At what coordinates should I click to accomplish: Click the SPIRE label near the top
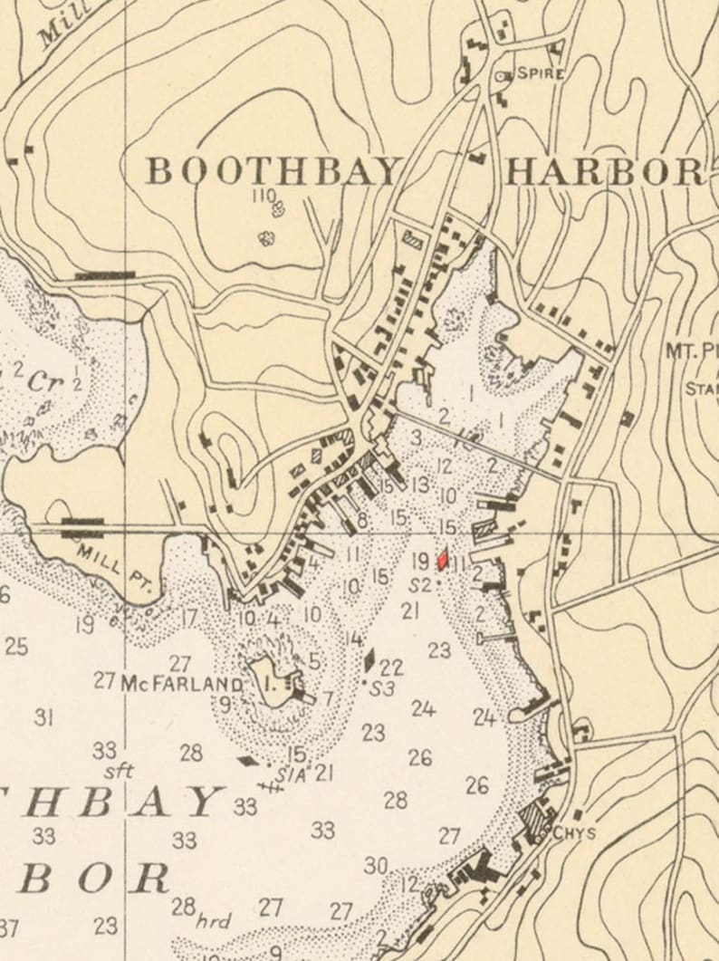click(x=541, y=74)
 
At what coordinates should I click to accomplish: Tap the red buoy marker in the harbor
click(x=443, y=560)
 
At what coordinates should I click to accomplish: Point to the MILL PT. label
click(x=107, y=566)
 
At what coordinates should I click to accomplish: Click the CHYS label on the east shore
click(x=574, y=832)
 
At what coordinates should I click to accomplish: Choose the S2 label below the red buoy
click(x=419, y=584)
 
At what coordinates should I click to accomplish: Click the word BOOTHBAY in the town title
click(x=274, y=170)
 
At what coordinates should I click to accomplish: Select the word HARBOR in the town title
click(x=604, y=171)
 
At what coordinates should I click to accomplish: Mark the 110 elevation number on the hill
click(x=264, y=195)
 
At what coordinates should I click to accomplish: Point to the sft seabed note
click(x=119, y=772)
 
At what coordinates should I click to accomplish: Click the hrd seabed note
click(x=214, y=922)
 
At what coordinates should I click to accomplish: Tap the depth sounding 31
click(x=43, y=717)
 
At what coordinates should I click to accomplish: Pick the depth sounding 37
click(x=9, y=927)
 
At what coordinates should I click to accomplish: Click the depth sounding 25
click(x=15, y=647)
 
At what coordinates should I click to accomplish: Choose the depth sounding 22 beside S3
click(x=391, y=668)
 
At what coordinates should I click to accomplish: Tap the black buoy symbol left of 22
click(x=369, y=660)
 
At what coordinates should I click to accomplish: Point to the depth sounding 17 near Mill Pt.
click(x=189, y=618)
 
